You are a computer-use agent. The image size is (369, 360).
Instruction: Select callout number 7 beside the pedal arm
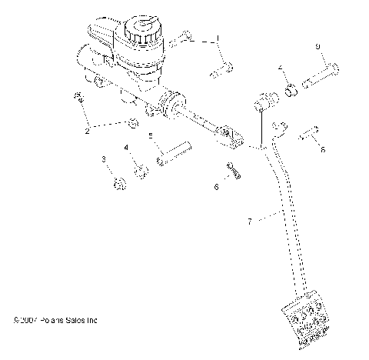(248, 221)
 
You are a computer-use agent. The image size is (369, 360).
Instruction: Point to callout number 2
(87, 131)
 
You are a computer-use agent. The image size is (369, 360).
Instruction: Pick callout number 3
(103, 159)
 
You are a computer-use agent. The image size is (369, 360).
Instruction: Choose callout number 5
(151, 135)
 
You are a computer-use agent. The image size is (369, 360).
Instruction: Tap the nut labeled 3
(118, 183)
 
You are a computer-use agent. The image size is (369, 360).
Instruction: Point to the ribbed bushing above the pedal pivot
(262, 102)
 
